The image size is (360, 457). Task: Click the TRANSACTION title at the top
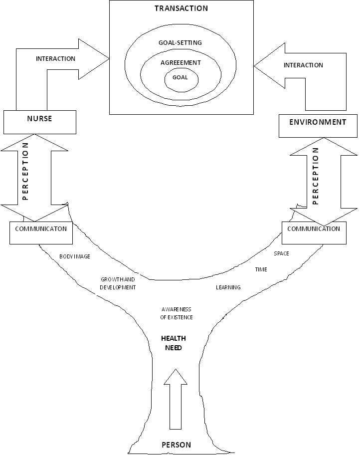point(181,8)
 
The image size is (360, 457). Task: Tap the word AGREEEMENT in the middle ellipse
point(180,63)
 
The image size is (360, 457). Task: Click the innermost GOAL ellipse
point(180,78)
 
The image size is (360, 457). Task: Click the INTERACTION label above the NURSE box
point(55,59)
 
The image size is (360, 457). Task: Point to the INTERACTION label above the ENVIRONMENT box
point(303,65)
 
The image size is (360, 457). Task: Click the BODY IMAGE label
point(75,256)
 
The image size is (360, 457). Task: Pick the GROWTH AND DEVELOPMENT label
point(118,283)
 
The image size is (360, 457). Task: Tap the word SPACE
point(281,253)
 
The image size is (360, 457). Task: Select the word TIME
point(261,269)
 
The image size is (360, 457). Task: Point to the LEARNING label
point(228,287)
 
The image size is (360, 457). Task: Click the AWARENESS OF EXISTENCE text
point(177,313)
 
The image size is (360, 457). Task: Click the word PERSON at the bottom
point(176,445)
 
